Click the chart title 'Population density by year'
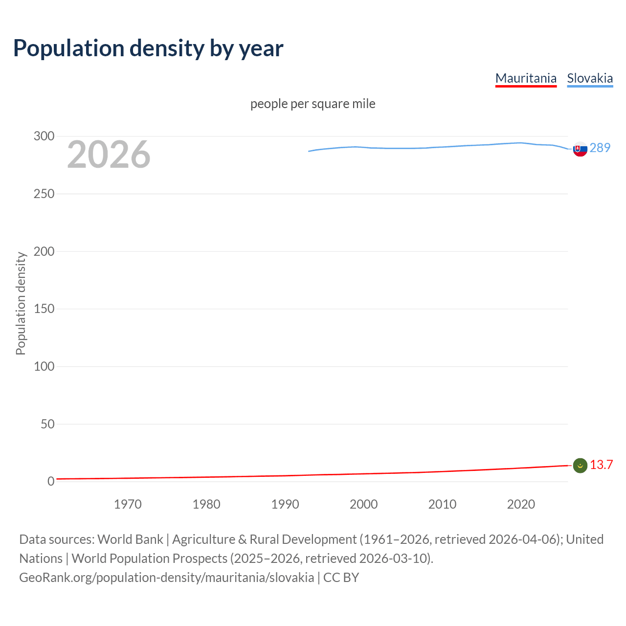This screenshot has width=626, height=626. coord(148,48)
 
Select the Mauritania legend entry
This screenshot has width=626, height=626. coord(526,78)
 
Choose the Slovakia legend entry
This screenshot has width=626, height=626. coord(590,78)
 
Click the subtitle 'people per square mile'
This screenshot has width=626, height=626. coord(313,104)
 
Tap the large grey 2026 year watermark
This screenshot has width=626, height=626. coord(109,155)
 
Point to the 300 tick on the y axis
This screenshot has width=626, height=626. coord(44,136)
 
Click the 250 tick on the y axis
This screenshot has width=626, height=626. coord(44,194)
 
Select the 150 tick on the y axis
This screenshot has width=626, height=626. coord(44,309)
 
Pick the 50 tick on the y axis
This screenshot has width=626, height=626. coord(47,424)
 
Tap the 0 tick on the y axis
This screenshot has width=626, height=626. coord(51,481)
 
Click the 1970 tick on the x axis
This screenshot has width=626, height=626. coord(128,504)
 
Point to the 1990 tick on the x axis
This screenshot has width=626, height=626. coord(285,504)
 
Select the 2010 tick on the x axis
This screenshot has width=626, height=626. coord(442,504)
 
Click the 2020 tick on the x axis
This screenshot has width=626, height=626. coord(521,504)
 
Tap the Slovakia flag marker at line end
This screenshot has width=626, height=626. coord(580,149)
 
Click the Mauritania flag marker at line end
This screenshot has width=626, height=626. coord(580,466)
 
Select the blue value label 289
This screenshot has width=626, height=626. coord(600,148)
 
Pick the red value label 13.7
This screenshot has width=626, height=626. coord(601,465)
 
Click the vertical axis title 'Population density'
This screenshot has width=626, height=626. coord(21,303)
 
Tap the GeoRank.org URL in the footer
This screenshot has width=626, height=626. coord(166,577)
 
